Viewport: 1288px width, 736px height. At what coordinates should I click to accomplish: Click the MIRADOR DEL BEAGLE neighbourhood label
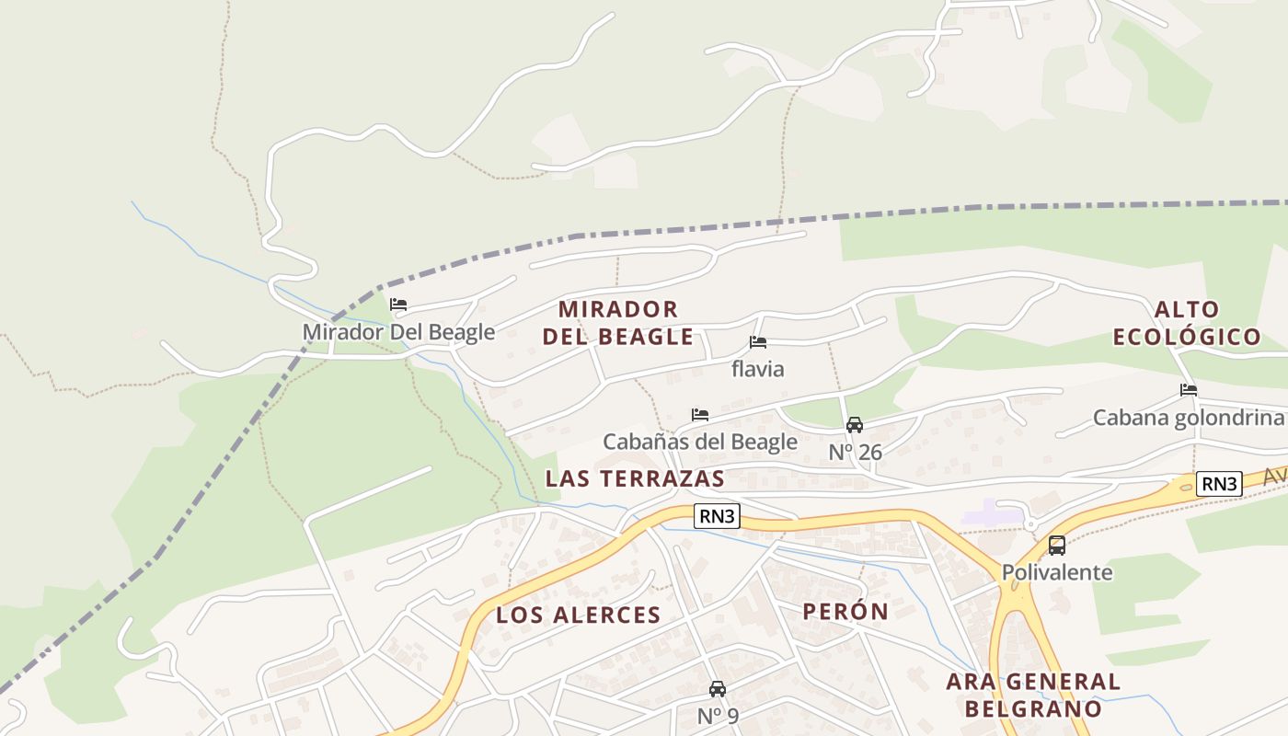pos(617,323)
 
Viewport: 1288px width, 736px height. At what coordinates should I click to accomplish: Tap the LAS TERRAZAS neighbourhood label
pos(635,478)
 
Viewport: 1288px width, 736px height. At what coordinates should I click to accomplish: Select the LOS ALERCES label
pos(579,615)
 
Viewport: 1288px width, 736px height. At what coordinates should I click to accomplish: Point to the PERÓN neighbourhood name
pos(845,612)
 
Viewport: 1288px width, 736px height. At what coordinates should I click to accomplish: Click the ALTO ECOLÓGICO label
pos(1187,323)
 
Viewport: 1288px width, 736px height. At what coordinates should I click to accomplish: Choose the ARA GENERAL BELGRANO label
pos(1033,696)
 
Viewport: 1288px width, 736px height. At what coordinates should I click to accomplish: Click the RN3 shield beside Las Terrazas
pos(717,516)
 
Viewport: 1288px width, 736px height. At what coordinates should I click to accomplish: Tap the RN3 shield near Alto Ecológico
pos(1219,484)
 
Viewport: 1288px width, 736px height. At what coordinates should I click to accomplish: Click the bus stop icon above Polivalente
pos(1057,546)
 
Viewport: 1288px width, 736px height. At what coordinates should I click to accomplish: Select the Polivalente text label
pos(1057,572)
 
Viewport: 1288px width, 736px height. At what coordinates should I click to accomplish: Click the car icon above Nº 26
pos(855,425)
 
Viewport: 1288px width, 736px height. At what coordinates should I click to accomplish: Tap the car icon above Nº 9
pos(718,689)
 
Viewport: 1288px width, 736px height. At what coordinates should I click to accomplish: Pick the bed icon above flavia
pos(758,342)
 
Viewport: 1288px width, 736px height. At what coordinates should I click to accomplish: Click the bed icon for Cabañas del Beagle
pos(700,415)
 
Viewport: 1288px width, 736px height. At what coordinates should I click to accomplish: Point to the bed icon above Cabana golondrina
pos(1189,390)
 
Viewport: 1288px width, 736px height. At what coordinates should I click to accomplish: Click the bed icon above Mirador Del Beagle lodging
pos(398,305)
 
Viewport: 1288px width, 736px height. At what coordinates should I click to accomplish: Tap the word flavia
pos(758,369)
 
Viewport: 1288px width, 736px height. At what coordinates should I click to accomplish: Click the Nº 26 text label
pos(856,452)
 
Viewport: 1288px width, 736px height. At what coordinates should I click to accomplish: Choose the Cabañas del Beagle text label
pos(700,442)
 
